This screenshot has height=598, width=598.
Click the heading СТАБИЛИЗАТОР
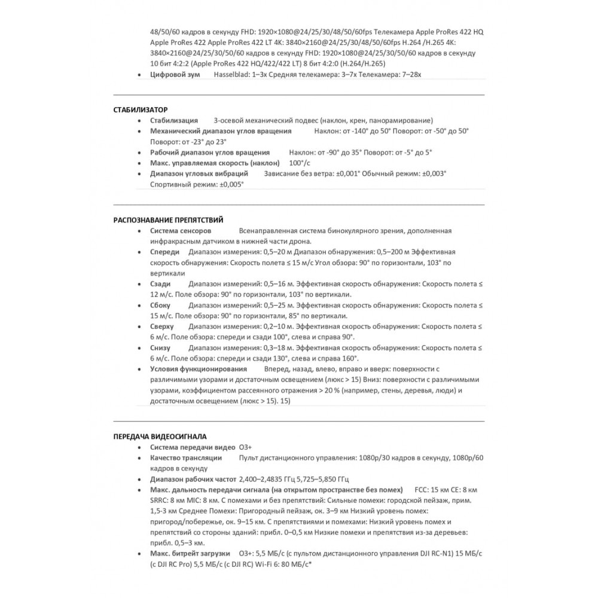pyautogui.click(x=141, y=110)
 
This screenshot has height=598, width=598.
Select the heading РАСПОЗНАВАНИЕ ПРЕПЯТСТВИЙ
pyautogui.click(x=169, y=220)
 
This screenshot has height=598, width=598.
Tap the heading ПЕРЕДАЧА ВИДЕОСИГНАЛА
pyautogui.click(x=161, y=437)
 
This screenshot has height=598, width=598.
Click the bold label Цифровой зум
pyautogui.click(x=174, y=74)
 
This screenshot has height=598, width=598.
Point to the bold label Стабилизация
pyautogui.click(x=174, y=121)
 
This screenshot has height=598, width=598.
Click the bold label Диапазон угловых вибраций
pyautogui.click(x=200, y=174)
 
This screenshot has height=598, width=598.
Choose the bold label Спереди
pyautogui.click(x=164, y=252)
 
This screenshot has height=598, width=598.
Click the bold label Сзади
pyautogui.click(x=160, y=284)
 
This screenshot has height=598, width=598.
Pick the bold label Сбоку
pyautogui.click(x=160, y=306)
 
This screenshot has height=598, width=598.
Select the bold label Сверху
pyautogui.click(x=162, y=327)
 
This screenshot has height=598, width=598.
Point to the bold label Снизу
pyautogui.click(x=160, y=348)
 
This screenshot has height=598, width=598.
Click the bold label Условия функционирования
pyautogui.click(x=199, y=369)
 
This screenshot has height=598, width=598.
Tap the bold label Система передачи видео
pyautogui.click(x=192, y=447)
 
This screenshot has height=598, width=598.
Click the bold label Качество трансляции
pyautogui.click(x=186, y=458)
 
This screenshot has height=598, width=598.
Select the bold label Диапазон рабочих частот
pyautogui.click(x=193, y=480)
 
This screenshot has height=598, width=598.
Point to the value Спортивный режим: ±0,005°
pyautogui.click(x=197, y=185)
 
